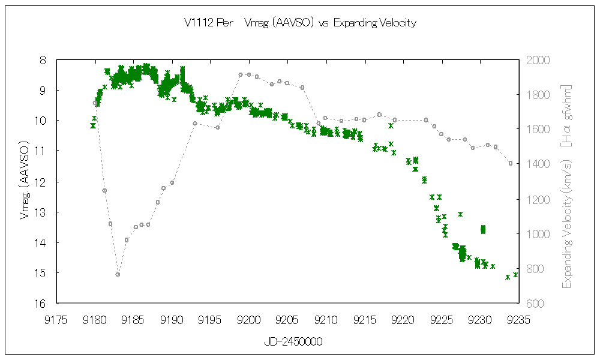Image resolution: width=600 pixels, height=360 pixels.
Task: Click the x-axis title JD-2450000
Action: [x=293, y=342]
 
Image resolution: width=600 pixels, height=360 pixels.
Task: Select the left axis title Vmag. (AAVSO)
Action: [x=25, y=181]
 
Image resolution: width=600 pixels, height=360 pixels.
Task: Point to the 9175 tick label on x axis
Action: [x=56, y=319]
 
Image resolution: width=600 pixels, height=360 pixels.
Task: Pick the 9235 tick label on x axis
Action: [x=518, y=319]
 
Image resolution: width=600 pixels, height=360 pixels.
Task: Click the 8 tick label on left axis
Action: [x=43, y=61]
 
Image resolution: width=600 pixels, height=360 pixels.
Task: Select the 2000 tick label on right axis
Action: [x=536, y=61]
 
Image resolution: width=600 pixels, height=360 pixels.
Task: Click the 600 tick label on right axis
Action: [x=534, y=304]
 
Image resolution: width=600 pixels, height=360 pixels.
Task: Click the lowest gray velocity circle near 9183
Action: [x=118, y=274]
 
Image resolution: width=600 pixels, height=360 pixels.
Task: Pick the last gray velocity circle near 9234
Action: [x=511, y=163]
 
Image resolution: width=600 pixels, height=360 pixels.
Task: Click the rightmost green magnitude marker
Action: [x=515, y=275]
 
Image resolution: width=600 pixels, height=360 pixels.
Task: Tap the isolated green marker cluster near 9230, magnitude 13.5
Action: [x=483, y=229]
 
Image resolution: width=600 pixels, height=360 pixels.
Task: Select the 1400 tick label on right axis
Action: [x=536, y=164]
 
